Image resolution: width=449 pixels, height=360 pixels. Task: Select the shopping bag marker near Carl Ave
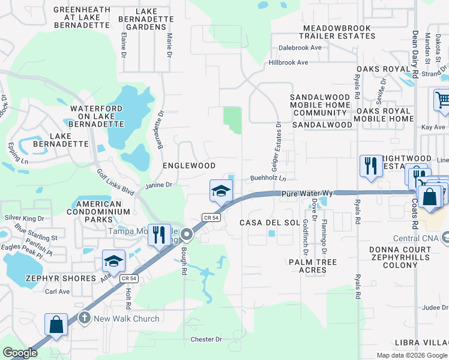pos(56,325)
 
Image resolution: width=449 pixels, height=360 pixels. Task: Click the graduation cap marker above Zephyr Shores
pos(113,262)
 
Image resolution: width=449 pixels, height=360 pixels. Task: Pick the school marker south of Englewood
pos(221,191)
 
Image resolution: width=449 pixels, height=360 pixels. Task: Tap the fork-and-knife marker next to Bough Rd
pos(158,235)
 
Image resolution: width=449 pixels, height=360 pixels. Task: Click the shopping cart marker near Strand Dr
pos(442,100)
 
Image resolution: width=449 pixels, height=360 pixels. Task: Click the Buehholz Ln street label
pos(268,178)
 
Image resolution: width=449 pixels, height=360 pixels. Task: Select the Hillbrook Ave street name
pos(288,62)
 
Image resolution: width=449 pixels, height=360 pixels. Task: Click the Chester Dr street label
pos(206,339)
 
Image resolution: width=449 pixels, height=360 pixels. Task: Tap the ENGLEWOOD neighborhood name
pos(189,165)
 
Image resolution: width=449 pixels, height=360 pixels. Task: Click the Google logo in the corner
pos(20,353)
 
